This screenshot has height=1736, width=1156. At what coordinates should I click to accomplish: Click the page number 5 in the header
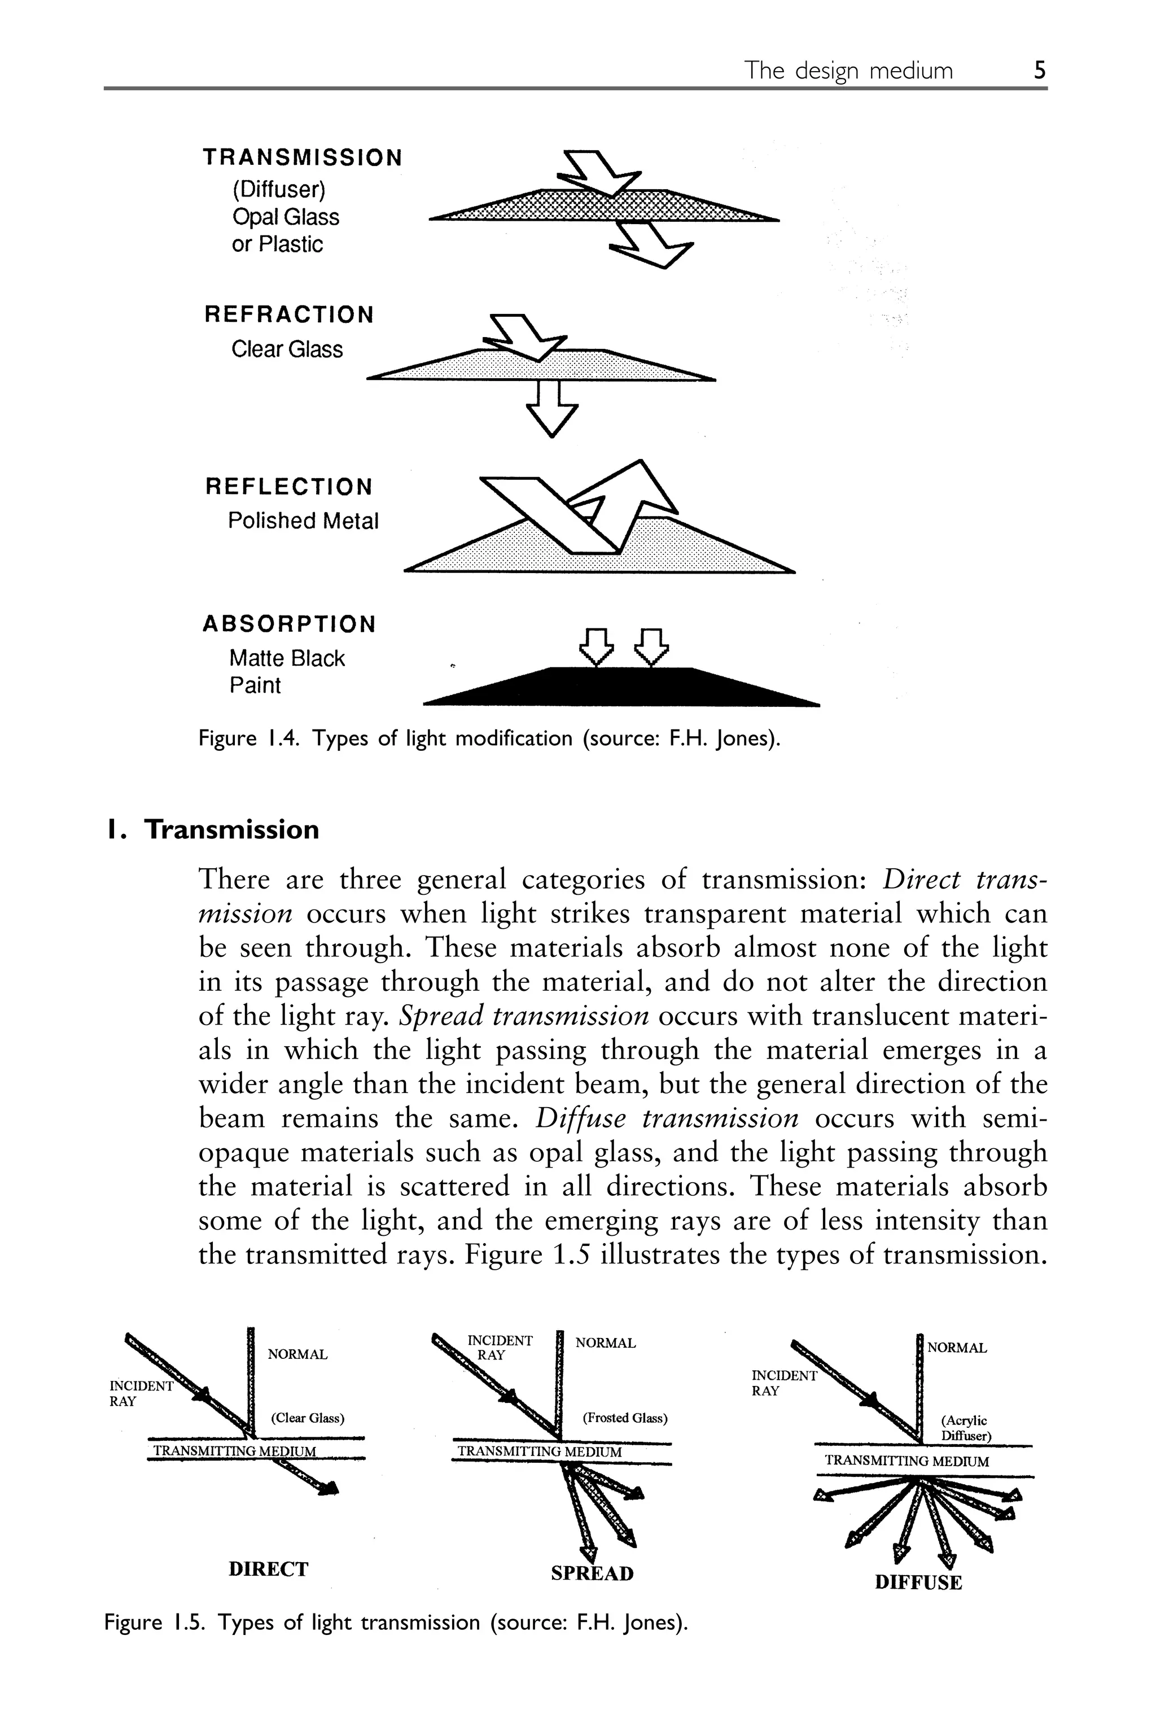click(x=1039, y=70)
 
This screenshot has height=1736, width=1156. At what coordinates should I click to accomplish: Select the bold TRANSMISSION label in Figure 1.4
click(x=303, y=158)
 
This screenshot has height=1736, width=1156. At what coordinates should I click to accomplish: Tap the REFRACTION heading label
click(x=289, y=315)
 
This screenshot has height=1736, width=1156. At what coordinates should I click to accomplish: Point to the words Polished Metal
click(x=303, y=521)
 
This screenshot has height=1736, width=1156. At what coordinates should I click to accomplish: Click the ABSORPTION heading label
click(x=289, y=624)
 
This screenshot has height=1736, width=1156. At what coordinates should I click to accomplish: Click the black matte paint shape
click(x=621, y=687)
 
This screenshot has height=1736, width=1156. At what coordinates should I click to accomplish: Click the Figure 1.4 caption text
click(x=489, y=738)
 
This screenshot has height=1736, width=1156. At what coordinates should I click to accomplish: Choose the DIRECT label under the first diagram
click(x=268, y=1569)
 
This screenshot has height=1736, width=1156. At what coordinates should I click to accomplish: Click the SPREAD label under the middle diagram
click(x=592, y=1574)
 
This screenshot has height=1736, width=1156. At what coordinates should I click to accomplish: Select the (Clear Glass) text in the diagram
click(x=308, y=1418)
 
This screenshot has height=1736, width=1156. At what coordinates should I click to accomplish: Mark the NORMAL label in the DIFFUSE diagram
click(x=956, y=1348)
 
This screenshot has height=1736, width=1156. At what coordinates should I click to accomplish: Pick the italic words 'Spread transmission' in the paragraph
click(x=523, y=1016)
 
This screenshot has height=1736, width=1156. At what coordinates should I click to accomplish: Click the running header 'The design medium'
click(x=848, y=70)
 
